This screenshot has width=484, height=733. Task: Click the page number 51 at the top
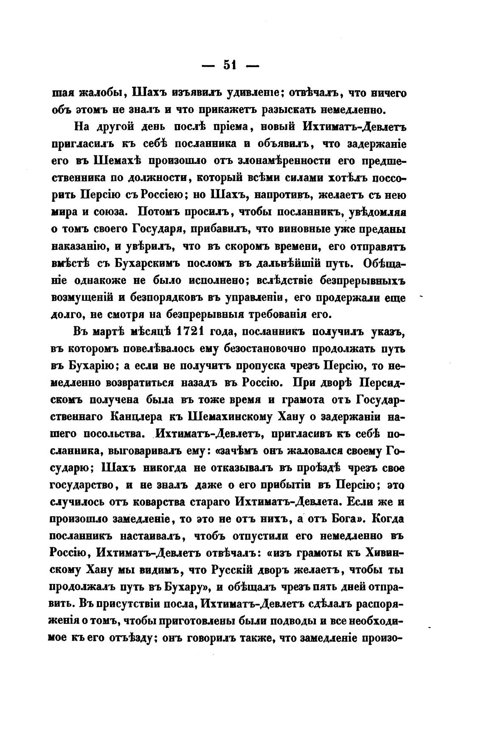point(230,65)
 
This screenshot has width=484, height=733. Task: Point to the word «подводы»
point(290,622)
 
